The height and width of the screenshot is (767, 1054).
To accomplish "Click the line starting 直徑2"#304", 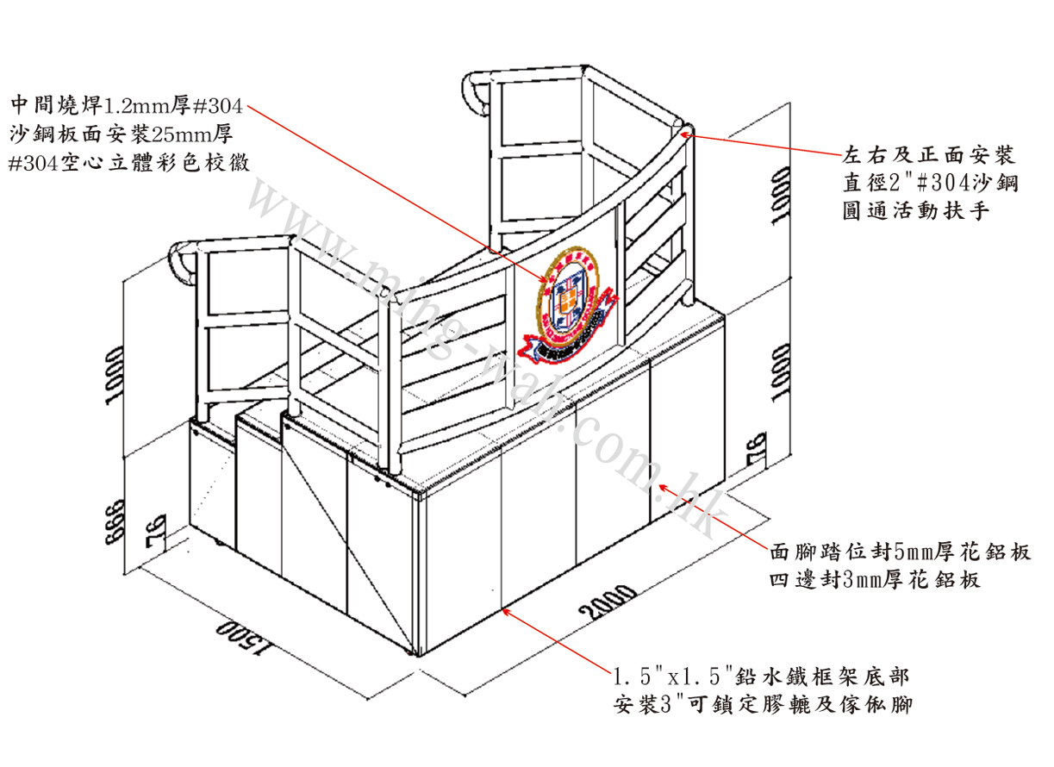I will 931,183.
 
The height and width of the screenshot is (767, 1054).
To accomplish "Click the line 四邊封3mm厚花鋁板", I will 875,580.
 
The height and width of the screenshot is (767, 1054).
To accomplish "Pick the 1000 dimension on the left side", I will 115,376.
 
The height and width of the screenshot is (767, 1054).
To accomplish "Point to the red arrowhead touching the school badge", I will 546,281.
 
